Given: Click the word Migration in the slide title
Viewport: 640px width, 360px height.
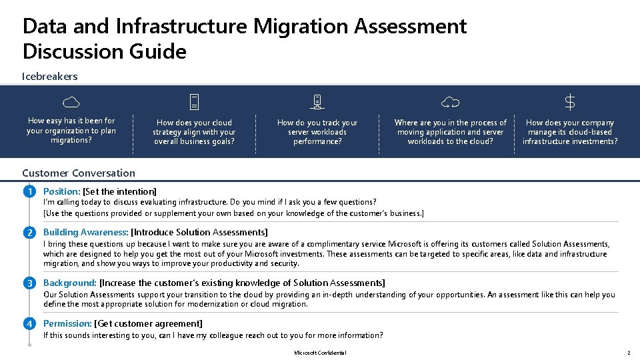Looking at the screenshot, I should click(301, 26).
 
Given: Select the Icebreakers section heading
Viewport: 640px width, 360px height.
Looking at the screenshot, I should click(50, 76).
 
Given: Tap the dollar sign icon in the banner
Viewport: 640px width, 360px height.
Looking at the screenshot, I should click(570, 102).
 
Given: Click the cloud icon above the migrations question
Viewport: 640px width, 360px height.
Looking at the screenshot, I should click(71, 102).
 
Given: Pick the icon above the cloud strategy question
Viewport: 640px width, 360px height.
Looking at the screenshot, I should click(194, 102).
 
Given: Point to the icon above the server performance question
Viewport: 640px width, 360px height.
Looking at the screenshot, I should click(317, 102).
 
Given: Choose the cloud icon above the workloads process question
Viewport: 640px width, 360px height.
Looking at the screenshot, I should click(451, 102).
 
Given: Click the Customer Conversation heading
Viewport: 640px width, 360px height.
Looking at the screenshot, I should click(79, 173).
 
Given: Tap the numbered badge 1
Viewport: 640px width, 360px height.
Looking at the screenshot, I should click(29, 192).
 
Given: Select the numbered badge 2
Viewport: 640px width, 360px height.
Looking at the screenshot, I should click(29, 233).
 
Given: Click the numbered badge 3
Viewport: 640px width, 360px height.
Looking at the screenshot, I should click(29, 283).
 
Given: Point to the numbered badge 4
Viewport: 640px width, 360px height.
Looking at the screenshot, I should click(29, 324).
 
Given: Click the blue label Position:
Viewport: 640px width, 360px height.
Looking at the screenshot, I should click(61, 192).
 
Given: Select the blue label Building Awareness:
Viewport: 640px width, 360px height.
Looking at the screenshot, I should click(85, 233).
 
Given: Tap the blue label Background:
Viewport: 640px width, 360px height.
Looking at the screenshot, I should click(70, 283).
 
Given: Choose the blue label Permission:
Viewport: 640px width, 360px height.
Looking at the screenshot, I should click(67, 324).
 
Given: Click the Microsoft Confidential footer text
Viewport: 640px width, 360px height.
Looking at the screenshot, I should click(320, 353).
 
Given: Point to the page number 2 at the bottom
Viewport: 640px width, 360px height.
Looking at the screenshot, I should click(628, 353).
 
